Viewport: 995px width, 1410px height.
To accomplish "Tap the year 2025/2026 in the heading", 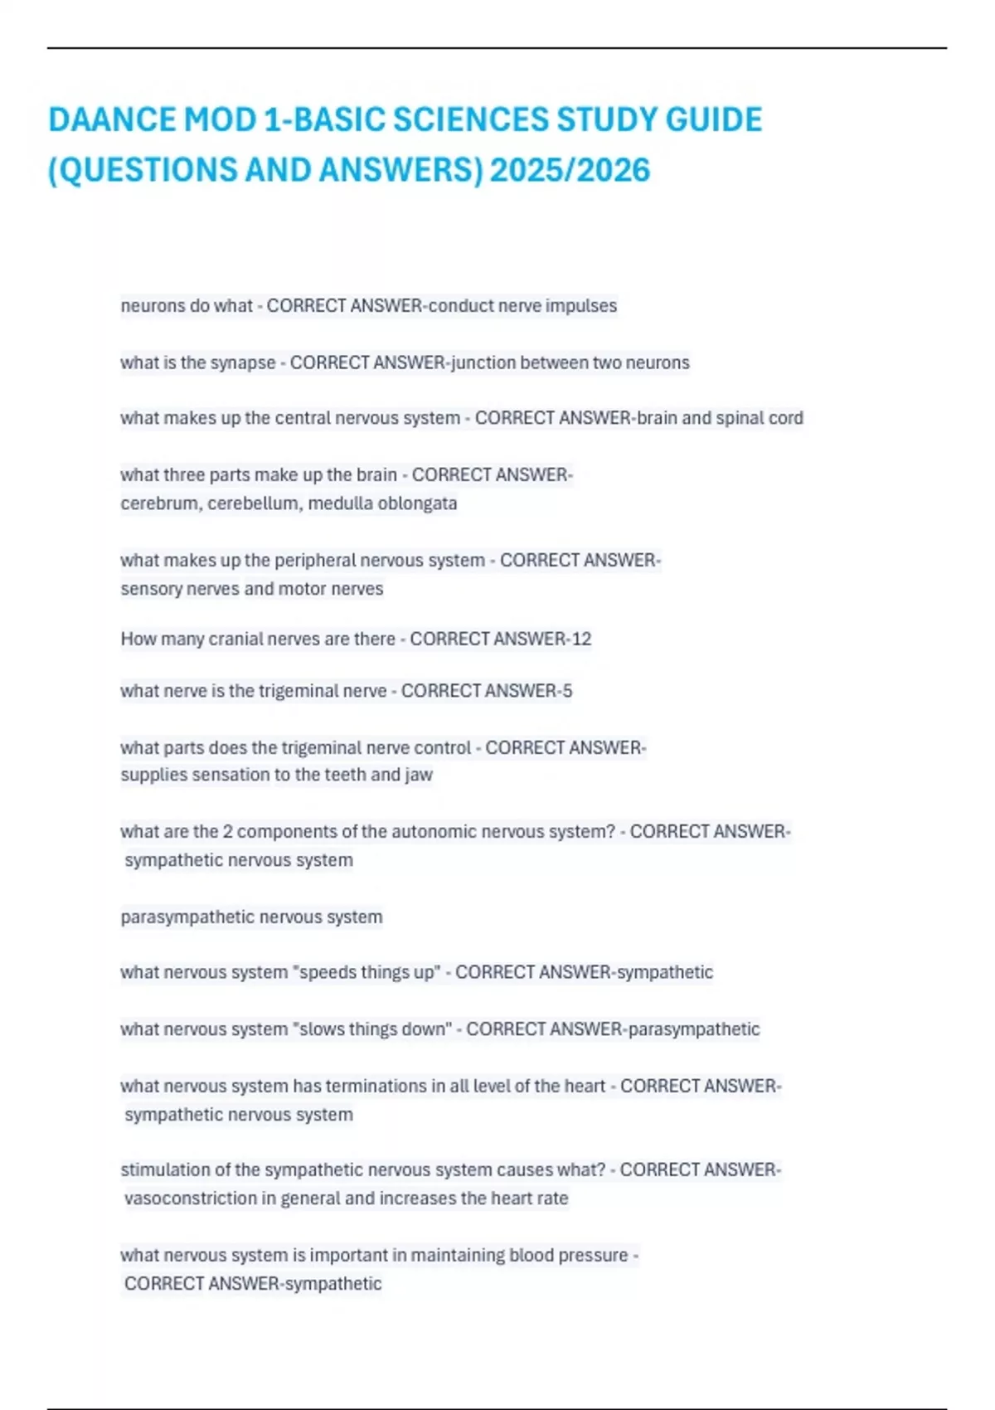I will click(x=570, y=171).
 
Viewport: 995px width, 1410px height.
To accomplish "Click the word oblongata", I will click(x=417, y=503).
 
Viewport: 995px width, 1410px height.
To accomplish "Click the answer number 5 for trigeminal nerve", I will click(x=567, y=691).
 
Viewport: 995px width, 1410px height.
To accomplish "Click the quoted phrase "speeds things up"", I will click(x=366, y=972).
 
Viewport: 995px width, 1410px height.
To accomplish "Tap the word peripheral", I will click(x=314, y=561).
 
